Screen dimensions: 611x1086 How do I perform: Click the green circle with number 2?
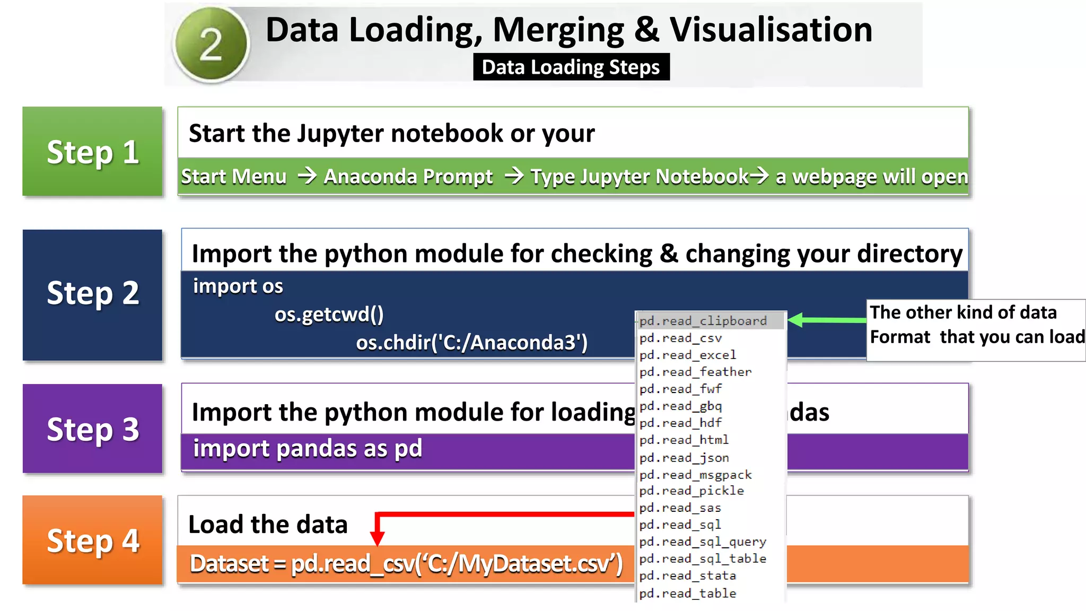(211, 44)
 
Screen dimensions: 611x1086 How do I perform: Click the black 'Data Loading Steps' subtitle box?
(571, 67)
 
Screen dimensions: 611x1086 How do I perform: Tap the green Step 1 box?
(93, 152)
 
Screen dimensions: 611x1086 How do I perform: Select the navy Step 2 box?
(93, 294)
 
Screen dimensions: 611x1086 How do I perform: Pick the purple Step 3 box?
(93, 429)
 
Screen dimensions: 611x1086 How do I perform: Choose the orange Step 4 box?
(93, 540)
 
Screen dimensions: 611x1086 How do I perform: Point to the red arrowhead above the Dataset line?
(377, 539)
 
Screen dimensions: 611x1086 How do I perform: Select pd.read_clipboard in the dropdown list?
(703, 321)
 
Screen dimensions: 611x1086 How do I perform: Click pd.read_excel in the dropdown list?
(688, 355)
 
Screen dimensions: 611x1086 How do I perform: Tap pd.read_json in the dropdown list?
(684, 458)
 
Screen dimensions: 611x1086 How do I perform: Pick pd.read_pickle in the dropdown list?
(691, 491)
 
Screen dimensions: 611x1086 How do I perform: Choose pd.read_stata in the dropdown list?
(688, 575)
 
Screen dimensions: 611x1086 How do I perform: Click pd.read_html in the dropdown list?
(684, 440)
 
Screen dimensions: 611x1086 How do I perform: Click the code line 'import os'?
(238, 286)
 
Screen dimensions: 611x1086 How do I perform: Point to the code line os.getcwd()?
(329, 315)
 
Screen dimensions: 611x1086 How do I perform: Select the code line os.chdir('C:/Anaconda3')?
(471, 343)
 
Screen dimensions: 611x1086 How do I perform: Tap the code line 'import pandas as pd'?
(307, 449)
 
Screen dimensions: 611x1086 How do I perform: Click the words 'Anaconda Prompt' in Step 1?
(408, 177)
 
